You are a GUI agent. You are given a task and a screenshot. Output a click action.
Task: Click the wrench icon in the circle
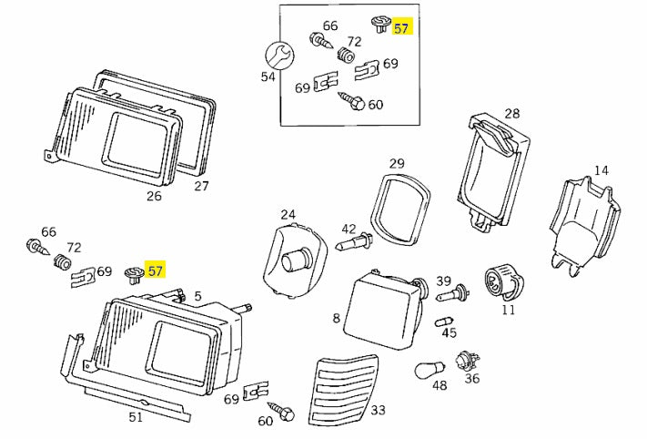click(x=278, y=56)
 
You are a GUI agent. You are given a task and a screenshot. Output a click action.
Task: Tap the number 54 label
click(x=268, y=77)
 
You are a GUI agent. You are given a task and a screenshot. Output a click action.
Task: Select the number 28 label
click(x=512, y=114)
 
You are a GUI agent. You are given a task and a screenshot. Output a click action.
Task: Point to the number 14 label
click(x=602, y=170)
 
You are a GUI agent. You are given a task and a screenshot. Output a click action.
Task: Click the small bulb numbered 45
click(x=444, y=322)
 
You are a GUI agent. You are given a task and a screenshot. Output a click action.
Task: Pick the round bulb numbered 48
click(x=430, y=369)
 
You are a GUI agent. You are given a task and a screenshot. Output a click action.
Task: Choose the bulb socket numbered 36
click(x=466, y=361)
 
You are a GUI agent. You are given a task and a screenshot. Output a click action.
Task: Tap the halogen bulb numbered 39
click(x=453, y=292)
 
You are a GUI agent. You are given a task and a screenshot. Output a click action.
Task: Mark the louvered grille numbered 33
click(x=343, y=390)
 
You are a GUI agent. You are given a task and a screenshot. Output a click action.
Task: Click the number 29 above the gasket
click(x=397, y=164)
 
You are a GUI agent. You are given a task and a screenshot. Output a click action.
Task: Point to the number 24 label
click(x=288, y=215)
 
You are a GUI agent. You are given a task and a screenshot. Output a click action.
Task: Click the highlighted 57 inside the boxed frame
click(x=401, y=27)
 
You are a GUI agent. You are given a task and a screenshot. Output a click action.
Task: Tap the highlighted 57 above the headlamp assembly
click(x=156, y=271)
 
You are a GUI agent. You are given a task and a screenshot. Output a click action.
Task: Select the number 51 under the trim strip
click(x=136, y=417)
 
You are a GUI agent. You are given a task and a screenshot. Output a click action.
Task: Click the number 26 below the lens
click(x=154, y=196)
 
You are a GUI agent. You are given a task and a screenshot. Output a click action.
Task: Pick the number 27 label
click(x=201, y=186)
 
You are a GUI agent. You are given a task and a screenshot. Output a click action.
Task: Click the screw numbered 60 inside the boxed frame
click(x=351, y=101)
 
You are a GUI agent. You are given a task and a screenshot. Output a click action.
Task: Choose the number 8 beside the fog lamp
click(x=337, y=318)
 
